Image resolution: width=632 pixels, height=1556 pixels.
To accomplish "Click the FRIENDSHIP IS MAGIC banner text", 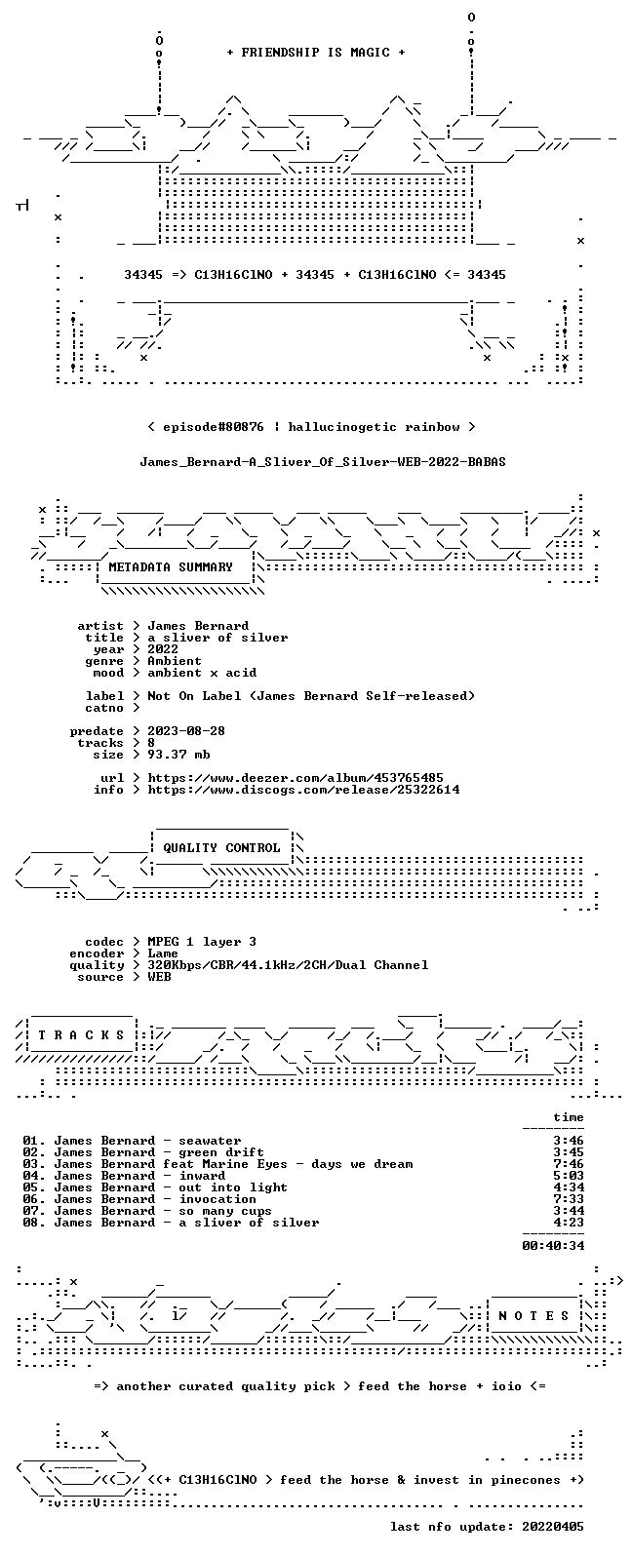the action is [x=316, y=52].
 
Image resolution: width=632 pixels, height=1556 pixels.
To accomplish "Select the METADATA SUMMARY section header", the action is [x=171, y=566].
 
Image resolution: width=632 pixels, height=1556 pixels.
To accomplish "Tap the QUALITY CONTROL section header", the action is [x=221, y=847].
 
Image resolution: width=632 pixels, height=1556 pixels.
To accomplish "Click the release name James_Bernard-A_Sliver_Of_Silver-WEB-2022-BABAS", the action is [x=323, y=462].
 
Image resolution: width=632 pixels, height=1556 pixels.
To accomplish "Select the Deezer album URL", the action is [x=296, y=777].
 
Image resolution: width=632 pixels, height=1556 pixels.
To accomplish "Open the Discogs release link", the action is [x=303, y=789].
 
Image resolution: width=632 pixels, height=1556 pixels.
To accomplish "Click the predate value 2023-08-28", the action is [x=186, y=731].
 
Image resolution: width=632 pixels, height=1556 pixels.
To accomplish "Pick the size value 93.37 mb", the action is [x=178, y=755].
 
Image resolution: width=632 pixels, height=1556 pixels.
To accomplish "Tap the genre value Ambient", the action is [x=175, y=661].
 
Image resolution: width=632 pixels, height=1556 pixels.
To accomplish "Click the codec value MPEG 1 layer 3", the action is [x=202, y=941].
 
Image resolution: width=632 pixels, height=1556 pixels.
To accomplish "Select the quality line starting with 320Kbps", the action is [x=288, y=965].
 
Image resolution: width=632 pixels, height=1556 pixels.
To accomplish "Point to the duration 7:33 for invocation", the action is [x=569, y=1198].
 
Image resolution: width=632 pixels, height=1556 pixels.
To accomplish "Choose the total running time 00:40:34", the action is [x=553, y=1246].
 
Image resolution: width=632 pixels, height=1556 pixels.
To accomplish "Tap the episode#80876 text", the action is [x=214, y=427].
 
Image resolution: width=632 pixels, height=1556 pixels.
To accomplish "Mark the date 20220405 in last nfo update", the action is [x=553, y=1526].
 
